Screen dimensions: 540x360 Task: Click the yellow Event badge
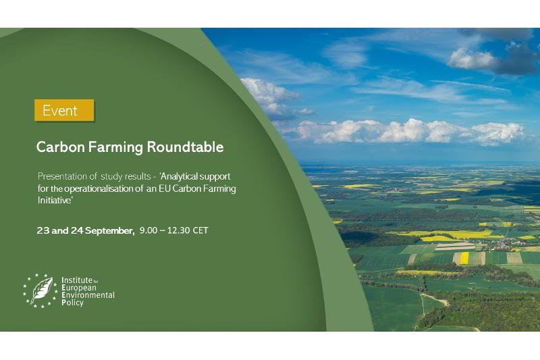pos(64,110)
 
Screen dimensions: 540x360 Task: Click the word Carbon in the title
pos(60,147)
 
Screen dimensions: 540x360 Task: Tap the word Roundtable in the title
pos(185,147)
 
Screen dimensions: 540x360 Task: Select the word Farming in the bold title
pos(115,148)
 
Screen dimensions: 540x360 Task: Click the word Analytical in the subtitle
pos(179,177)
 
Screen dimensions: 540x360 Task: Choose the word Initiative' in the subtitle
pos(55,200)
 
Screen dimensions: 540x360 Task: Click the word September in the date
pos(109,231)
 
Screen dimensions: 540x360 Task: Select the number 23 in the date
pos(43,230)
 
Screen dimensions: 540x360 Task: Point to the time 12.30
pos(178,230)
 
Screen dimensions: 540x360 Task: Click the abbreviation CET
pos(200,230)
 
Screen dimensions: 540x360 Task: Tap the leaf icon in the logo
pos(42,290)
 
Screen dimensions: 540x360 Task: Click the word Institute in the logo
pos(77,280)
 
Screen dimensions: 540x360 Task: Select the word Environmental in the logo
pos(88,295)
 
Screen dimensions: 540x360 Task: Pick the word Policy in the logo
pos(72,303)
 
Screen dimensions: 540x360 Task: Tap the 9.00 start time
pos(148,230)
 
